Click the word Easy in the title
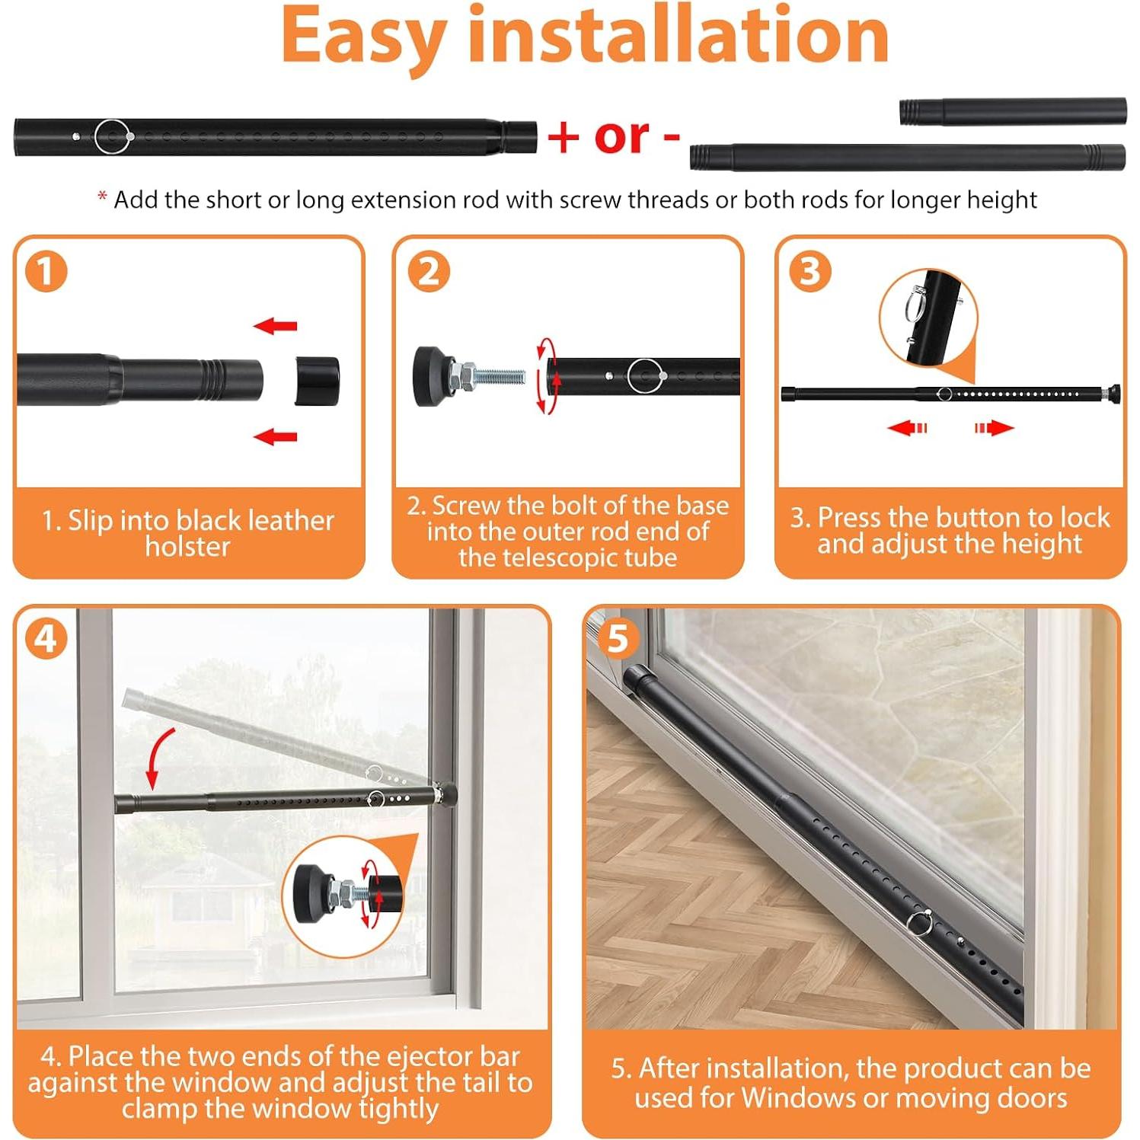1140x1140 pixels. pyautogui.click(x=363, y=37)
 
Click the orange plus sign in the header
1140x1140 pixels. pyautogui.click(x=564, y=137)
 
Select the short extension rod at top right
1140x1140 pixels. pyautogui.click(x=1012, y=111)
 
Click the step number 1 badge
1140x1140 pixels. pyautogui.click(x=46, y=272)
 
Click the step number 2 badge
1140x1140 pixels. pyautogui.click(x=429, y=272)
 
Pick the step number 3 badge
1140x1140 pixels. pyautogui.click(x=809, y=272)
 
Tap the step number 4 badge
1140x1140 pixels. pyautogui.click(x=46, y=638)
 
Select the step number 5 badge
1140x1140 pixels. pyautogui.click(x=618, y=638)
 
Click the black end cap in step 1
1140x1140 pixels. pyautogui.click(x=317, y=379)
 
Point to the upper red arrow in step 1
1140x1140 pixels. pyautogui.click(x=275, y=326)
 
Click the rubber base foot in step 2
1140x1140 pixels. pyautogui.click(x=429, y=375)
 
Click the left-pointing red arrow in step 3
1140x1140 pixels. pyautogui.click(x=907, y=428)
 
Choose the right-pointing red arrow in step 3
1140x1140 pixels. pyautogui.click(x=995, y=428)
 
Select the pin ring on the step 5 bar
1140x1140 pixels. pyautogui.click(x=919, y=922)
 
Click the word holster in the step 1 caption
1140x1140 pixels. pyautogui.click(x=187, y=547)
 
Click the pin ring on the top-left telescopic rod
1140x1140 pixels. pyautogui.click(x=113, y=137)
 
